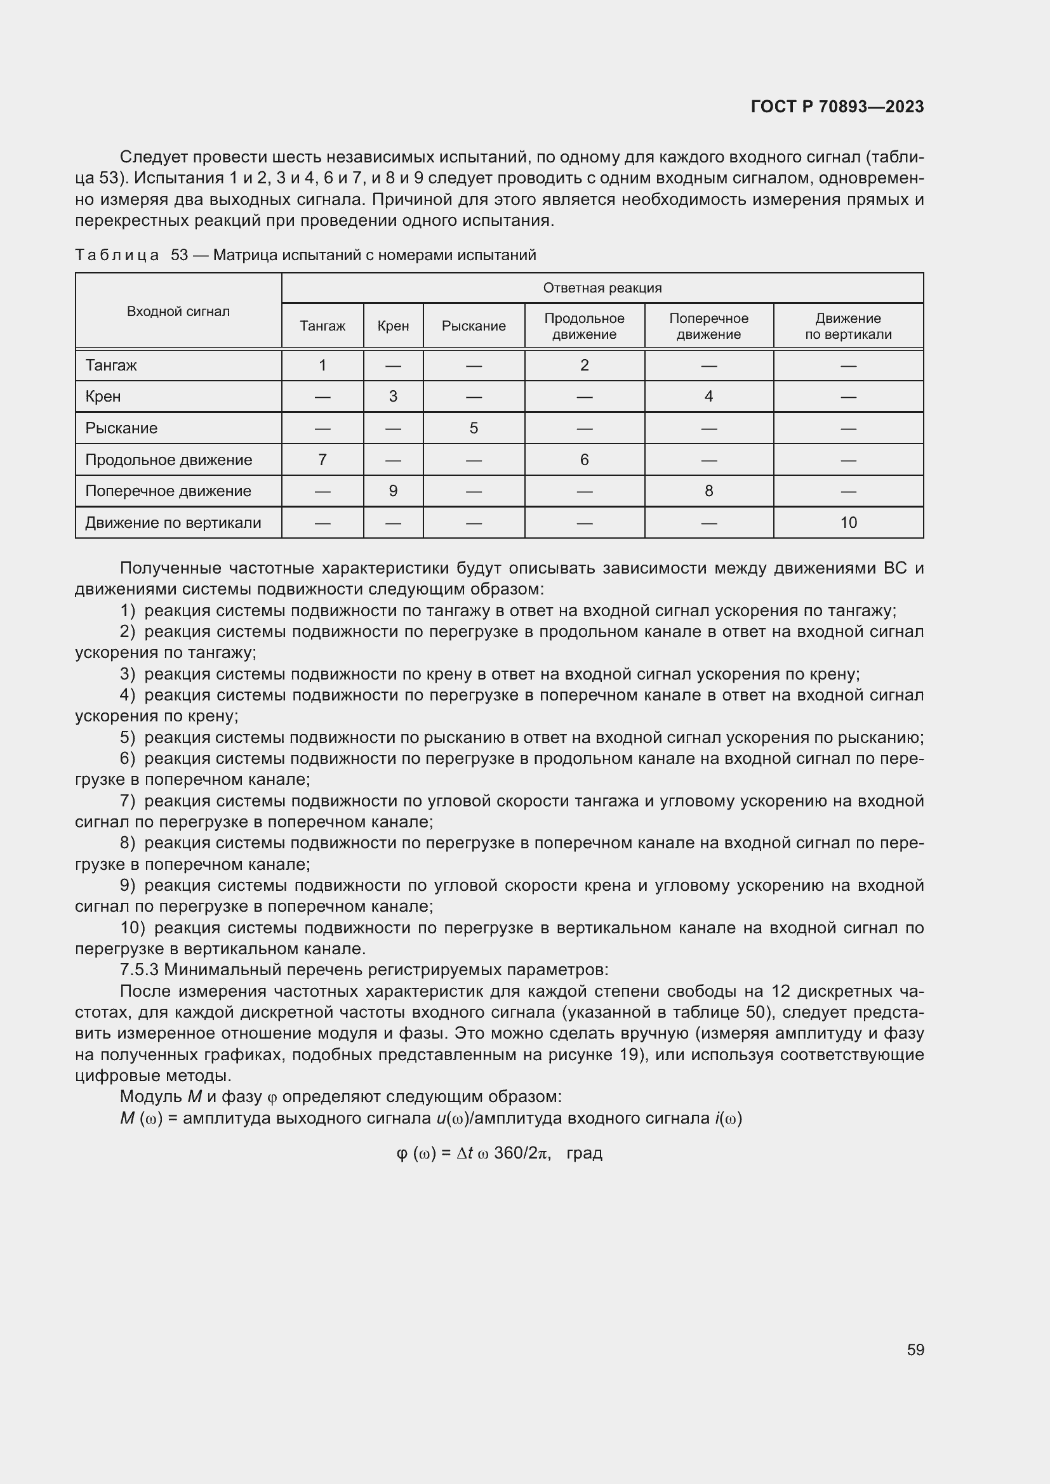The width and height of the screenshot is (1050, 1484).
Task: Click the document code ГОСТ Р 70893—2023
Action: pyautogui.click(x=837, y=107)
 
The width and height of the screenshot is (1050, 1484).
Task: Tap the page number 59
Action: pyautogui.click(x=915, y=1349)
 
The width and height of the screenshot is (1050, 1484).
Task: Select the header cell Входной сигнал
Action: pyautogui.click(x=178, y=312)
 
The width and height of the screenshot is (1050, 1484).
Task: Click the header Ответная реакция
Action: pyautogui.click(x=601, y=288)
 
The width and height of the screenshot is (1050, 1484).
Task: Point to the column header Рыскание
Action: pyautogui.click(x=474, y=326)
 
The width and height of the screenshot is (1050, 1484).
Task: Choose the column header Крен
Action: pyautogui.click(x=393, y=326)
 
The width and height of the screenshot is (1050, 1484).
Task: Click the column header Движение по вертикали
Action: pyautogui.click(x=847, y=326)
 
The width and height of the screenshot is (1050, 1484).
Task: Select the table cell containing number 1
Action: pyautogui.click(x=322, y=366)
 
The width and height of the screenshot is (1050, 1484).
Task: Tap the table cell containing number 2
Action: pyautogui.click(x=584, y=366)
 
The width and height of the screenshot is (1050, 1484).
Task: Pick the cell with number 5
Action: pyautogui.click(x=474, y=428)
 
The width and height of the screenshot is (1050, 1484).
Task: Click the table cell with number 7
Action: pyautogui.click(x=322, y=460)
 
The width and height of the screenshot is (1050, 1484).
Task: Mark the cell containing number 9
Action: pyautogui.click(x=393, y=491)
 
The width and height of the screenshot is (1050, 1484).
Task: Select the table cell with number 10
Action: pyautogui.click(x=847, y=523)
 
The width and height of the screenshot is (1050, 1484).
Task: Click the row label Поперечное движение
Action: pyautogui.click(x=168, y=491)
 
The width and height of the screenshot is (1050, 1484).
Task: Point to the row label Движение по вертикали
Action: pyautogui.click(x=173, y=523)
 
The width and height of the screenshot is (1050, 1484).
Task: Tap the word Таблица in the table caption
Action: pyautogui.click(x=117, y=255)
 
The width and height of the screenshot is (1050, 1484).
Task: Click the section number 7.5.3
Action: pyautogui.click(x=140, y=970)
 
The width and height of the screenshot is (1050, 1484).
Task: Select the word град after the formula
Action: pyautogui.click(x=584, y=1153)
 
